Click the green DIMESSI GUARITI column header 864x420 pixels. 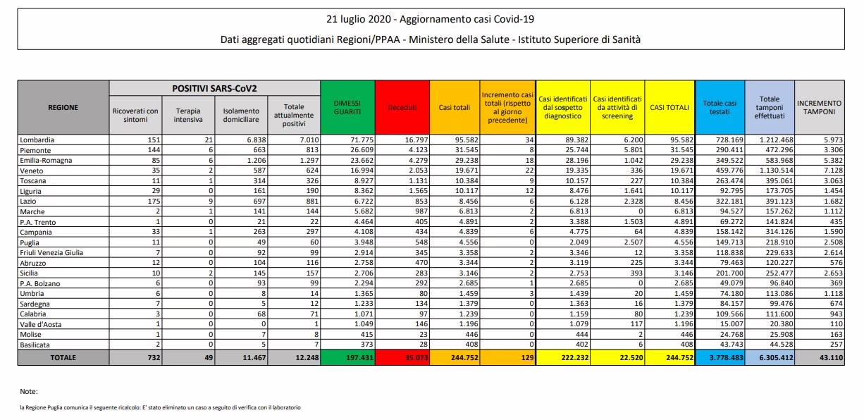click(x=347, y=107)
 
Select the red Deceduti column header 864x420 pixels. click(x=402, y=107)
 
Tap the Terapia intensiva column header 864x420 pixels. click(x=188, y=114)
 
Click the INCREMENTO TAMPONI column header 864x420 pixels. click(x=820, y=107)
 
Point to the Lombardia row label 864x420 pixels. click(x=38, y=140)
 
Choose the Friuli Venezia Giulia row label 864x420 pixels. click(x=53, y=252)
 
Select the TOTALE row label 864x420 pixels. click(x=63, y=358)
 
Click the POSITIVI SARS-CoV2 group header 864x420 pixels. click(x=214, y=88)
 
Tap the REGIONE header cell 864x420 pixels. click(x=63, y=107)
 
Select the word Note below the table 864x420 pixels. click(x=29, y=391)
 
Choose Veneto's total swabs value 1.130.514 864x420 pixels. click(x=770, y=171)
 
